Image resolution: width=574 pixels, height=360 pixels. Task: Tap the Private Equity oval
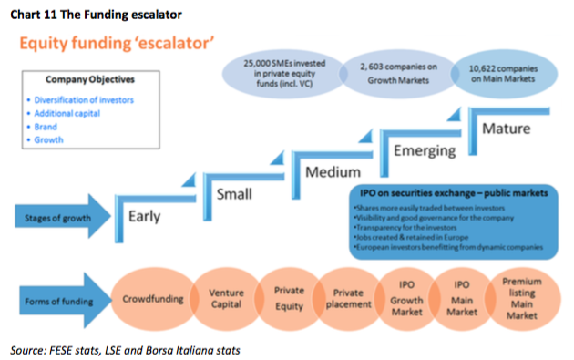(290, 298)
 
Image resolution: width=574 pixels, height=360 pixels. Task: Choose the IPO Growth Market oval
(407, 298)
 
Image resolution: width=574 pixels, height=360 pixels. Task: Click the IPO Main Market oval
(464, 298)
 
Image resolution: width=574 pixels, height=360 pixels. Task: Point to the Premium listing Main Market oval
(524, 298)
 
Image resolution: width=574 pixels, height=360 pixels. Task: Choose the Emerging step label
(418, 149)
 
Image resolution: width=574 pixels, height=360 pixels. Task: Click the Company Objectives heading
(84, 79)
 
